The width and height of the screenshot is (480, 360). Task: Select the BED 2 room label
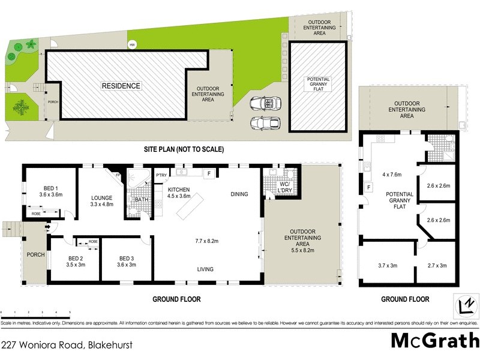[75, 260]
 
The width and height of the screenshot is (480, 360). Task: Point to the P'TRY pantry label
[161, 175]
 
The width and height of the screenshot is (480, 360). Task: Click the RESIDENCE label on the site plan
[121, 86]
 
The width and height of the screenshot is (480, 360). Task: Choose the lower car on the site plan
[265, 122]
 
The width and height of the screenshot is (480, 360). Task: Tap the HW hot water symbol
[131, 44]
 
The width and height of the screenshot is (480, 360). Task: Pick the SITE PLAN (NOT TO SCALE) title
[183, 149]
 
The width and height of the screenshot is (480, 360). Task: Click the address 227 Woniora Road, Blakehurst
[66, 345]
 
